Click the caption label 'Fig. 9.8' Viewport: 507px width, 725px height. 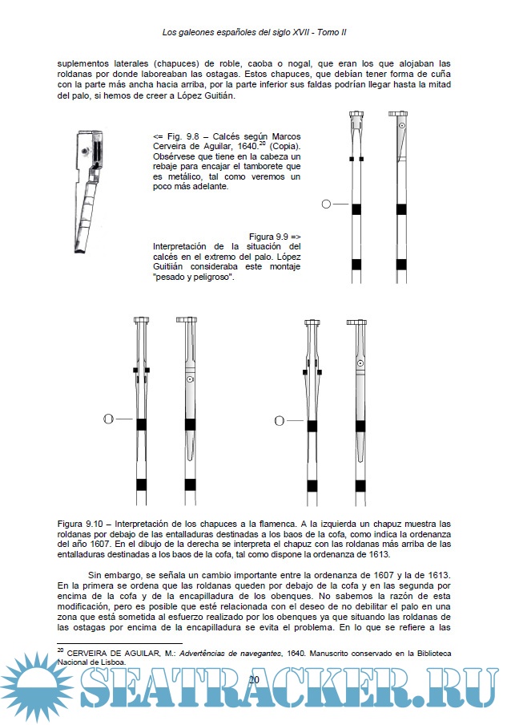[x=183, y=136]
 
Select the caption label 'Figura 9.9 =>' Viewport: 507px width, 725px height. [x=275, y=237]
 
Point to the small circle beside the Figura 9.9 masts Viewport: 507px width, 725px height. [x=325, y=205]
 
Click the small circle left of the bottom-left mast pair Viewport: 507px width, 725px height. [x=111, y=419]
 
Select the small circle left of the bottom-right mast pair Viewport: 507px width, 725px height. [x=280, y=420]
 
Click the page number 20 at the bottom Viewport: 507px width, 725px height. [x=254, y=679]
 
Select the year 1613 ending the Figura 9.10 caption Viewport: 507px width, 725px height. [x=376, y=554]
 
